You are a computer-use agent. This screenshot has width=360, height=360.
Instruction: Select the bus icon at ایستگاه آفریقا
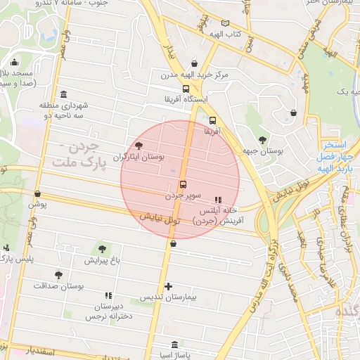[x=186, y=89]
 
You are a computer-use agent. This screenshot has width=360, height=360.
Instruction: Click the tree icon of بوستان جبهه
[x=262, y=139]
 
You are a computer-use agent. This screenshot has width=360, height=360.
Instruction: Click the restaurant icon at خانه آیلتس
[x=217, y=200]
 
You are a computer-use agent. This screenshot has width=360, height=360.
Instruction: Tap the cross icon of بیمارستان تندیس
[x=168, y=286]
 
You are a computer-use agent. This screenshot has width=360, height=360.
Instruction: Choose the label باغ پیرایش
[x=103, y=260]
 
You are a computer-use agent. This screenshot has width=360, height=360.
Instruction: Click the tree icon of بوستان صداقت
[x=58, y=275]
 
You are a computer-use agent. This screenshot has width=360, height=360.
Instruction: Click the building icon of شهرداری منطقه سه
[x=64, y=94]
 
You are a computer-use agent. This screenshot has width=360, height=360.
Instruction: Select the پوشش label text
[x=37, y=205]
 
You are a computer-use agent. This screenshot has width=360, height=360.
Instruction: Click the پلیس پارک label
[x=15, y=259]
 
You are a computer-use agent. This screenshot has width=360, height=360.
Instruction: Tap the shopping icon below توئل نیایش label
[x=174, y=243]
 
